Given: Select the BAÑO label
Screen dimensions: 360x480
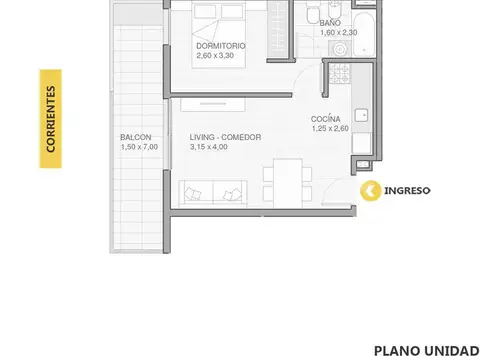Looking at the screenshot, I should click(x=330, y=21).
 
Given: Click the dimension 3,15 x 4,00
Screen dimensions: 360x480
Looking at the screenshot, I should click(x=209, y=147).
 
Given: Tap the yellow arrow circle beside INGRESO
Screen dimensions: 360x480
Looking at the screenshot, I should click(x=370, y=189).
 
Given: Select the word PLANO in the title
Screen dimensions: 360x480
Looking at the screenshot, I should click(x=395, y=351).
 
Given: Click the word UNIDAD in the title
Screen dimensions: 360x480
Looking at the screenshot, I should click(x=450, y=351).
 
